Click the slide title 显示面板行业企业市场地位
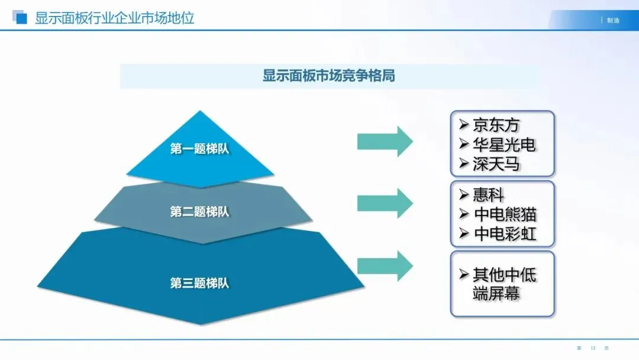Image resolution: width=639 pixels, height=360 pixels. tap(114, 18)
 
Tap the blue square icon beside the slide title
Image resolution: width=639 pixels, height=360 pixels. tap(21, 18)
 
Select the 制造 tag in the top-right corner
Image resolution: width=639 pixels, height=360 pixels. tap(613, 21)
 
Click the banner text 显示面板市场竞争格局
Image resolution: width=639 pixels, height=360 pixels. tap(329, 76)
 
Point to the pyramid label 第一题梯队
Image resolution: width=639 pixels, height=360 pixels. tap(199, 149)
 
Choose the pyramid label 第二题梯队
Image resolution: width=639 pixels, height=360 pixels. tap(199, 212)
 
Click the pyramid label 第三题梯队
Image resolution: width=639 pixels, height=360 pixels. tap(199, 284)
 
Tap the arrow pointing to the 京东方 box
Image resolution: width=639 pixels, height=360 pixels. tap(385, 142)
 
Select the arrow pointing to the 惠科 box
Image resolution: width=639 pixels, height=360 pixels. tap(385, 203)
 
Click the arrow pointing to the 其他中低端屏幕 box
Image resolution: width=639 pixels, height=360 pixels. tap(385, 266)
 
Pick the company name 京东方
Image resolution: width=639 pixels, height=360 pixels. tap(496, 126)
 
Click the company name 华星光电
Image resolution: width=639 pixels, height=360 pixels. tap(504, 145)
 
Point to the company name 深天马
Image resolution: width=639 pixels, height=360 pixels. tap(496, 164)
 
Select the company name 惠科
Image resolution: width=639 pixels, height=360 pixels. tap(488, 194)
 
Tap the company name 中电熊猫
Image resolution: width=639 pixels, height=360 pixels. tap(505, 214)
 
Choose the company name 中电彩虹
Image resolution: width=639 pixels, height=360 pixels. tap(505, 233)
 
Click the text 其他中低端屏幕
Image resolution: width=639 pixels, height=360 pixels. tap(504, 284)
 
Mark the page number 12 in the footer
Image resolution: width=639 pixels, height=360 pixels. tap(592, 348)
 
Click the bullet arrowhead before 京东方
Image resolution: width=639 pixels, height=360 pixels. tap(464, 126)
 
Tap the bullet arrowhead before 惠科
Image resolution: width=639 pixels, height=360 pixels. tap(464, 194)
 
